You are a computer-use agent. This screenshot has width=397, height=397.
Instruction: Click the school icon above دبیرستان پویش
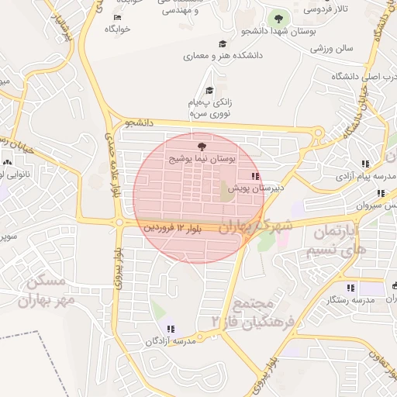click(256, 176)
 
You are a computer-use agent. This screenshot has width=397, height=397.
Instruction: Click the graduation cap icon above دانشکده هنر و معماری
click(223, 44)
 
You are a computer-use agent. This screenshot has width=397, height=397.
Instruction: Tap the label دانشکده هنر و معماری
click(223, 56)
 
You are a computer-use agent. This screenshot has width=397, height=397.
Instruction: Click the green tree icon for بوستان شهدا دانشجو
click(276, 16)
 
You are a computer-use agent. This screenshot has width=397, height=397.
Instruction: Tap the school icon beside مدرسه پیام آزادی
click(364, 163)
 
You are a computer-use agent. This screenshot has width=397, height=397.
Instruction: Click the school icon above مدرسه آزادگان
click(171, 329)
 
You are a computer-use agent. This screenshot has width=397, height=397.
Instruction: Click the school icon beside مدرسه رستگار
click(350, 287)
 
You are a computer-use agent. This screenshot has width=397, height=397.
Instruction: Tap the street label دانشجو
click(140, 123)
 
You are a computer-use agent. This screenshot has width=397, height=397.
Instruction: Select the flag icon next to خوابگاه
click(117, 17)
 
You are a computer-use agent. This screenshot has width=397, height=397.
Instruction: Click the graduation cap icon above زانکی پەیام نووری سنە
click(209, 91)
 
